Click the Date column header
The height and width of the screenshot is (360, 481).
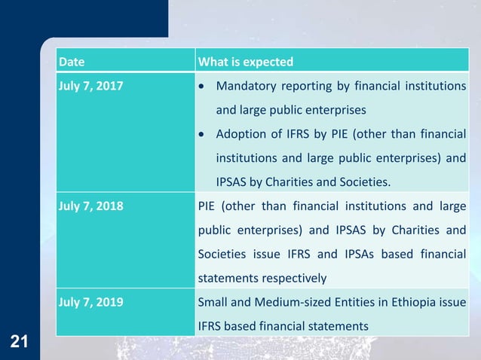coord(72,61)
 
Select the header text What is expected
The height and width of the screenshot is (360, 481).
coord(245,61)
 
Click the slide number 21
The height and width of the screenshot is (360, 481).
coord(20,343)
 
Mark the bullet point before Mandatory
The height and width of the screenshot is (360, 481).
coord(201,86)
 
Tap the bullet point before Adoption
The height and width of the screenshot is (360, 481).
coord(201,135)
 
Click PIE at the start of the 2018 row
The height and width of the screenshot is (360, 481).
coord(207,205)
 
